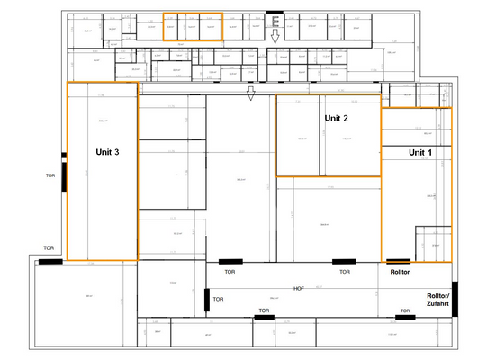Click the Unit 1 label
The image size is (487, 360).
(x=420, y=153)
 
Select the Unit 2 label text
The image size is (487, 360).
(x=336, y=118)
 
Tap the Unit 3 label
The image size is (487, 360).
(x=108, y=152)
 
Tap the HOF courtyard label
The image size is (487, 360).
(x=299, y=288)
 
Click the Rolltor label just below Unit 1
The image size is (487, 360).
(x=400, y=271)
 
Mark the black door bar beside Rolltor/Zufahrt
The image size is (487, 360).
(x=455, y=299)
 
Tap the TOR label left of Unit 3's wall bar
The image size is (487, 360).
(x=50, y=176)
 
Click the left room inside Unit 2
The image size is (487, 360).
(x=299, y=138)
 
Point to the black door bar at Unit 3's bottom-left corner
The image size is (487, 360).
(x=50, y=261)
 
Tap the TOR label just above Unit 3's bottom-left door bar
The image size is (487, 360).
(x=50, y=248)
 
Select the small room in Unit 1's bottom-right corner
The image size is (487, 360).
(x=433, y=244)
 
